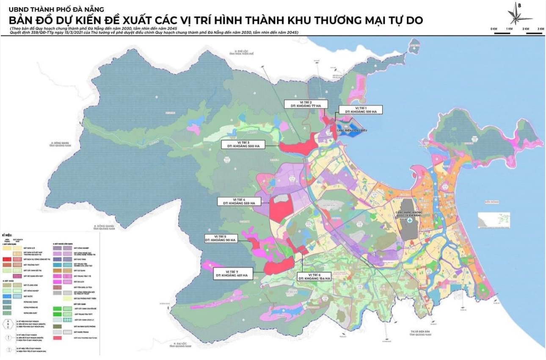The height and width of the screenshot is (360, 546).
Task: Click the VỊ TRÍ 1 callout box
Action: pos(361,110)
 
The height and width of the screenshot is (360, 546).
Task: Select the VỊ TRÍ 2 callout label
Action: pos(304,104)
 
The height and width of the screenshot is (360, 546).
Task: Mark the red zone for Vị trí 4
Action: pos(281,209)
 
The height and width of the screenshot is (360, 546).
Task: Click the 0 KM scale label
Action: pos(494,28)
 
